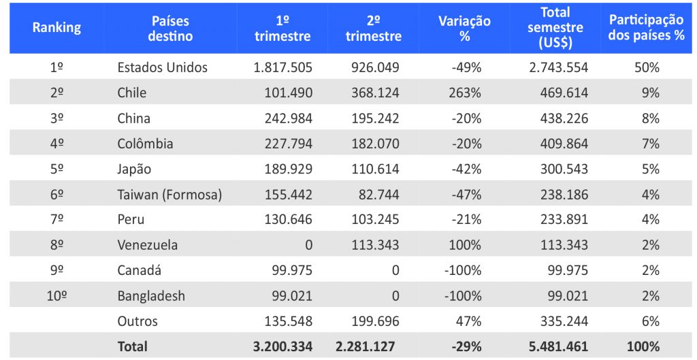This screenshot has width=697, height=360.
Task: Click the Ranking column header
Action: pos(56,28)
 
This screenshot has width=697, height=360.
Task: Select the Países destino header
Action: pos(170,29)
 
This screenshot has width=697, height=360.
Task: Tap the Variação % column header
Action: pos(464,29)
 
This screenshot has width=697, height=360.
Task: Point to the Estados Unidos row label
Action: pos(162,67)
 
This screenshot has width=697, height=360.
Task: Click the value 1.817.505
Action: pos(282,67)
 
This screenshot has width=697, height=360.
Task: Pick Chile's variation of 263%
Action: pos(465,93)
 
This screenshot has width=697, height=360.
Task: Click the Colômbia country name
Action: pos(145,144)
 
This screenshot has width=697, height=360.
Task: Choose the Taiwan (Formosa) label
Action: pos(169,195)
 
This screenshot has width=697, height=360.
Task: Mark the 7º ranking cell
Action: pos(57,220)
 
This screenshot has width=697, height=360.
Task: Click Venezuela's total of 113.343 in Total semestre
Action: pos(564,245)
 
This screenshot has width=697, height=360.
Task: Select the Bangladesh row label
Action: pos(151,296)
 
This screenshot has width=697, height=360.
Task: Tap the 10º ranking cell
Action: pos(57,296)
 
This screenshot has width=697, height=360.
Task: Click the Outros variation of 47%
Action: pos(470,321)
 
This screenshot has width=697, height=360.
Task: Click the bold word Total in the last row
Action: pos(132,346)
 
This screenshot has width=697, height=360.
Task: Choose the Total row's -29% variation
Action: pos(466,346)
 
